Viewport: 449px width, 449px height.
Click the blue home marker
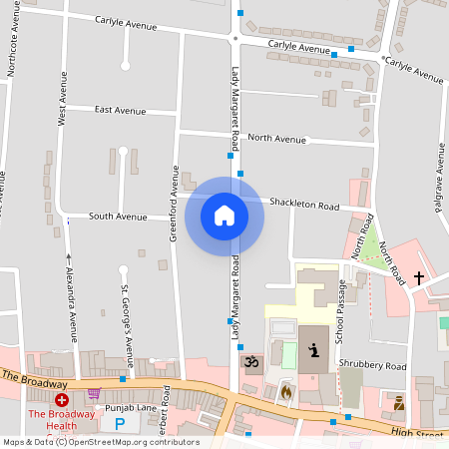point(224,215)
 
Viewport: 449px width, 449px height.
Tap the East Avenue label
point(121,110)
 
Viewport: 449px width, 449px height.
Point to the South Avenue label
point(117,216)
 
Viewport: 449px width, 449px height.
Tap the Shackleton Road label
point(308,206)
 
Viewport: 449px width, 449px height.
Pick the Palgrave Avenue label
point(439,180)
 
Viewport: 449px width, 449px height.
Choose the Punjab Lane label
point(133,407)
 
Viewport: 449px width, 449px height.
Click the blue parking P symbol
point(120,424)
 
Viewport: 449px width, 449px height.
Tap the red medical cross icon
point(61,399)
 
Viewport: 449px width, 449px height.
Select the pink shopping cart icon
point(94,393)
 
